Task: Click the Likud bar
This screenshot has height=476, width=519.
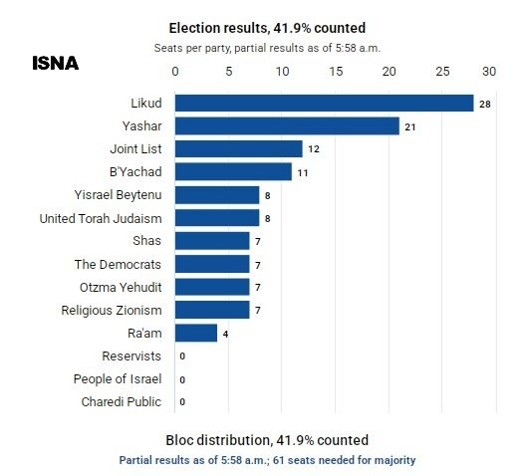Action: click(325, 103)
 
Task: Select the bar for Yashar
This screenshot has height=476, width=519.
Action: click(287, 125)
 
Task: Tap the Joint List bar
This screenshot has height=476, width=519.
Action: click(239, 148)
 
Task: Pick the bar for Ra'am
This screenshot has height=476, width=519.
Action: click(196, 333)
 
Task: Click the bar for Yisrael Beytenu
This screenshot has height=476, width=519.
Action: click(217, 195)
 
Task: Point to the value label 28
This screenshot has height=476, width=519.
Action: click(485, 105)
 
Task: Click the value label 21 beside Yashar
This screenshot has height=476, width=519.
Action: click(410, 127)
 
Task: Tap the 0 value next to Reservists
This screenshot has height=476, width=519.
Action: click(182, 357)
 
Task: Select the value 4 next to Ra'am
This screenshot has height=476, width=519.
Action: click(225, 335)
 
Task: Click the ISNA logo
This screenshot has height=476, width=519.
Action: click(56, 63)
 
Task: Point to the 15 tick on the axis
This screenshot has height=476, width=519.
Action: click(336, 72)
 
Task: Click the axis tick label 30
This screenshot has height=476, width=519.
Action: click(489, 72)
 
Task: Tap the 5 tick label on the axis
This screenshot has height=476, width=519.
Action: click(229, 72)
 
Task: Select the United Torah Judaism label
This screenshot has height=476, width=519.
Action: click(101, 219)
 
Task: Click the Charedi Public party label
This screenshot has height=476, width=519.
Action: click(122, 402)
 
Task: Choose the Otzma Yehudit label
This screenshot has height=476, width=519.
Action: click(121, 288)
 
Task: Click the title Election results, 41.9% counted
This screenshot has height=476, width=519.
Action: click(267, 28)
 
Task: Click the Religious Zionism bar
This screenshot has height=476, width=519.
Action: click(212, 310)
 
